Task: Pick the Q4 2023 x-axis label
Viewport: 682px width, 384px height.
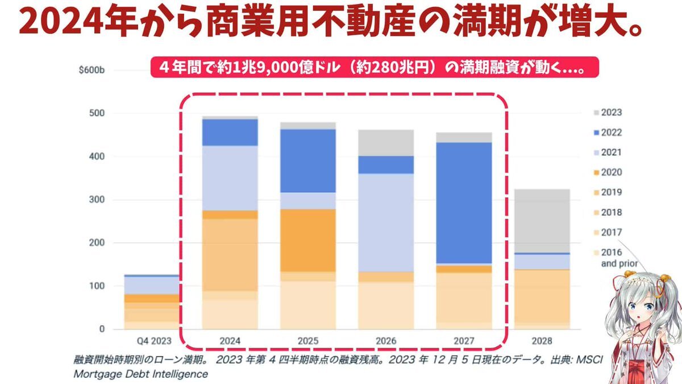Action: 152,341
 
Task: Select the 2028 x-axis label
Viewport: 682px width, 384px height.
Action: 542,341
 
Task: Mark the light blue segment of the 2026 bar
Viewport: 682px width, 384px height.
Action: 386,222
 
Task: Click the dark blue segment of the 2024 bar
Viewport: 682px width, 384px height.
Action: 230,132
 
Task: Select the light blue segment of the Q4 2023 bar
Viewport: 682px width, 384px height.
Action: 152,285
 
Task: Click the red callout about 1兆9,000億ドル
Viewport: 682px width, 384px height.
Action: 375,66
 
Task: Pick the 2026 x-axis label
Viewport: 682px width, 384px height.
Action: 386,341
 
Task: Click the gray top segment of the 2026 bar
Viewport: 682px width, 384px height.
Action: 386,142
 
